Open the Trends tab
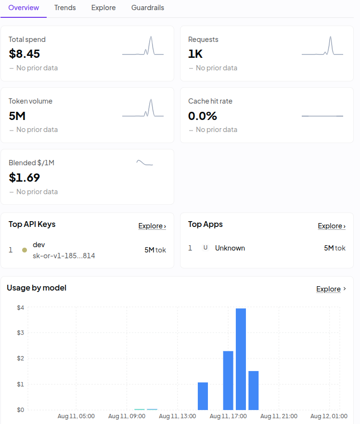(65, 8)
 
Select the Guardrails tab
(148, 8)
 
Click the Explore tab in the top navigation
(103, 8)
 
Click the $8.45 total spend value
(25, 53)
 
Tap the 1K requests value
(195, 53)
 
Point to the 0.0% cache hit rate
(203, 116)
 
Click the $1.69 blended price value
(25, 177)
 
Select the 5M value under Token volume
(17, 116)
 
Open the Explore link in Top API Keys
(152, 226)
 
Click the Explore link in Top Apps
(332, 226)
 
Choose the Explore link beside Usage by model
(331, 289)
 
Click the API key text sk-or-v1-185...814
(64, 255)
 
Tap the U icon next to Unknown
(206, 248)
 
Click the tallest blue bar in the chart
(241, 359)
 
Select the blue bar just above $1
(203, 396)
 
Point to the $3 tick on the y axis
(21, 332)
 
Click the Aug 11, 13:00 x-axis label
(178, 416)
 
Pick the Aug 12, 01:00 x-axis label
(329, 416)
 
